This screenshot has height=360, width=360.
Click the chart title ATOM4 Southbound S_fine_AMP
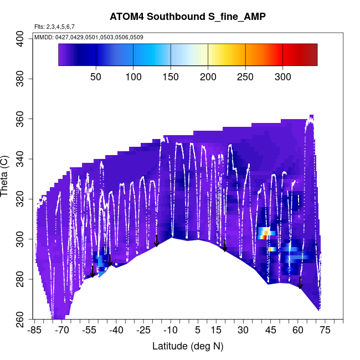[x=188, y=16]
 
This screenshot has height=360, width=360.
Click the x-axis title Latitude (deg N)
[x=188, y=346]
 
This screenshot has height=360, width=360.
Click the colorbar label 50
[x=96, y=76]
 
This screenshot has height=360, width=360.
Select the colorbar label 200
[x=208, y=76]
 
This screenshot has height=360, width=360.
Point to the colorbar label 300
[x=282, y=76]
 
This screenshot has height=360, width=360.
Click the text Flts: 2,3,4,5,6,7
[x=54, y=27]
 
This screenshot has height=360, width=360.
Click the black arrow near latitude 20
[x=225, y=245]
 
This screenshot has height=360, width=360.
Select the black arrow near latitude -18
[x=157, y=240]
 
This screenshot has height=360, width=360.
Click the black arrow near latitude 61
[x=300, y=282]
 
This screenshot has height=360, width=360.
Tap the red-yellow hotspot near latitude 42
[x=265, y=234]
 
